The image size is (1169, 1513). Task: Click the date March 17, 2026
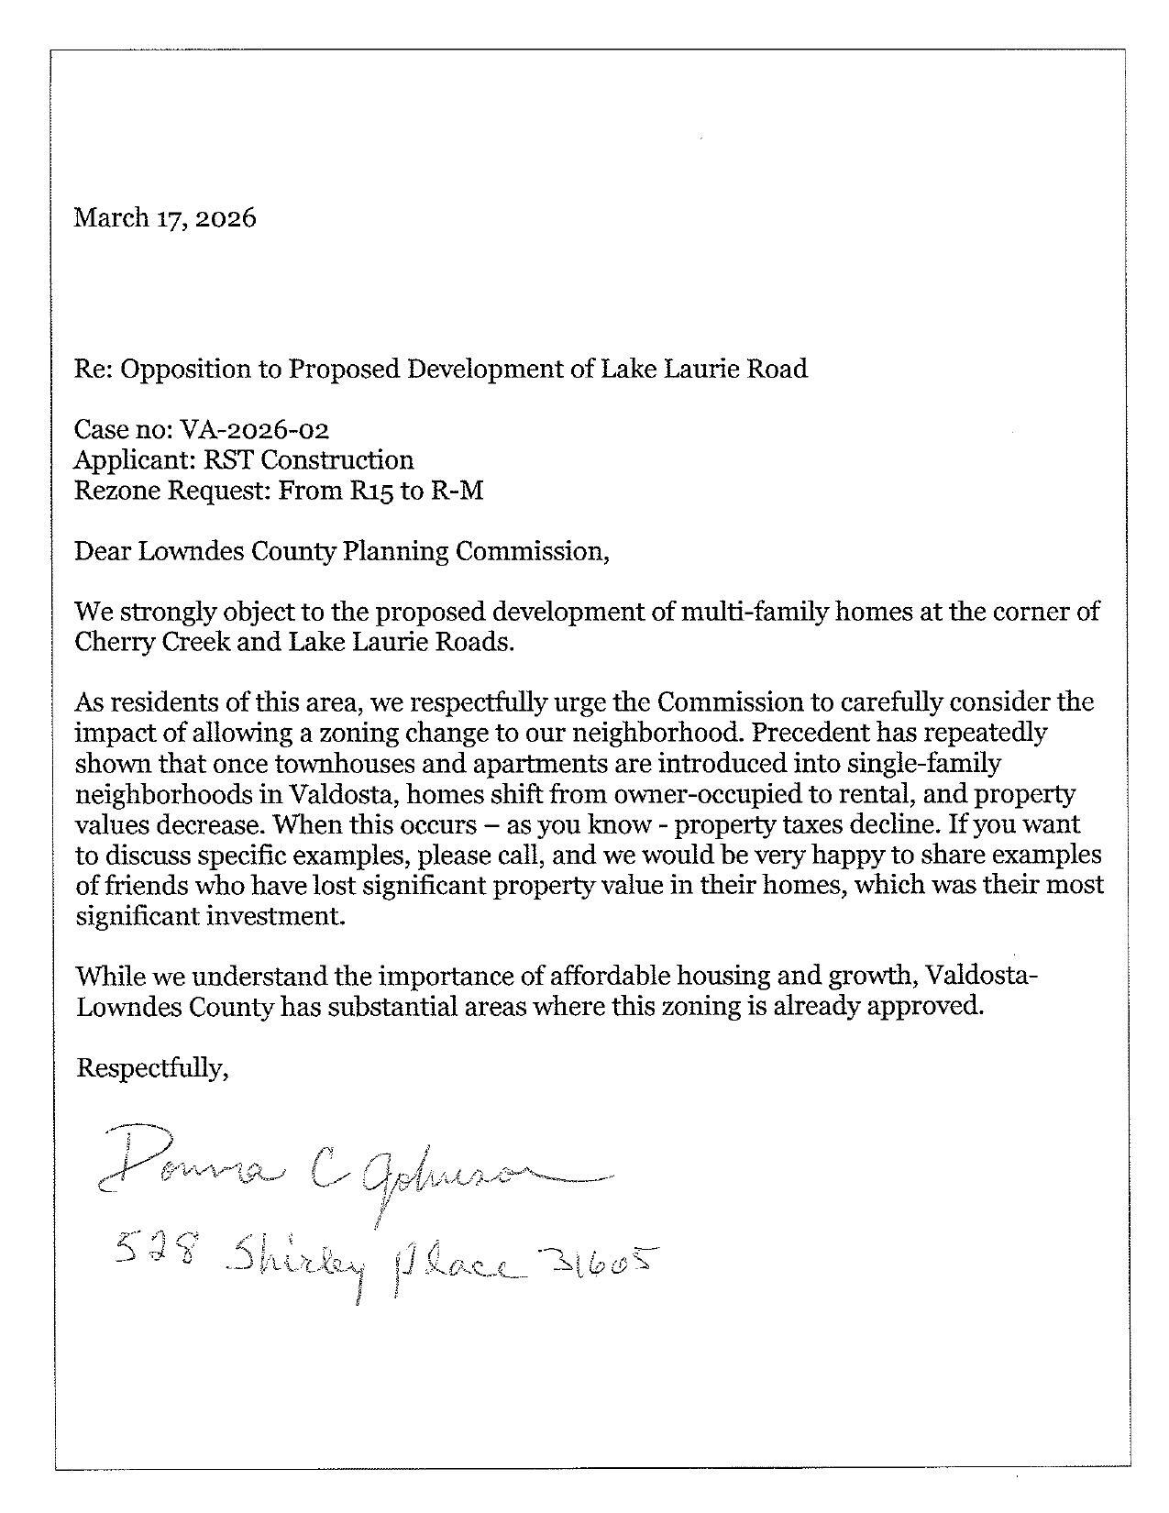point(165,218)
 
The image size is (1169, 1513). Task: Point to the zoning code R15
point(372,491)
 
